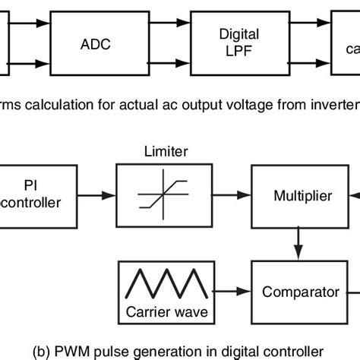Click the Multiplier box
pyautogui.click(x=301, y=196)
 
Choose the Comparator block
pyautogui.click(x=301, y=291)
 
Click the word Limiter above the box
pyautogui.click(x=153, y=153)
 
